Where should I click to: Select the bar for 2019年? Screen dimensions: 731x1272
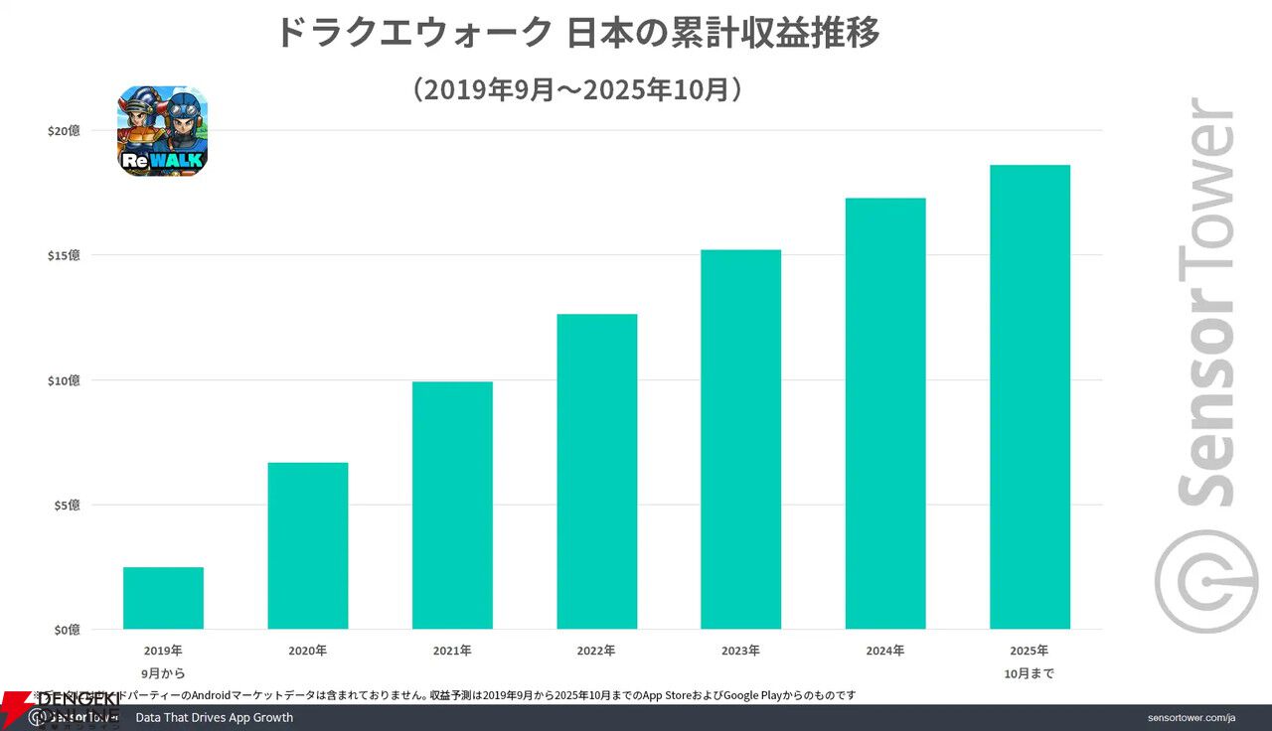pyautogui.click(x=163, y=598)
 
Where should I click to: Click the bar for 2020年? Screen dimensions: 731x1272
pyautogui.click(x=308, y=545)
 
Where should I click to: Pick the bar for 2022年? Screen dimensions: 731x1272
pyautogui.click(x=596, y=471)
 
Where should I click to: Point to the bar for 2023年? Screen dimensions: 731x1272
pyautogui.click(x=740, y=439)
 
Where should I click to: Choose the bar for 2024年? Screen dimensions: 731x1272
pyautogui.click(x=884, y=413)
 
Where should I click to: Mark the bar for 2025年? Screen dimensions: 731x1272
pyautogui.click(x=1030, y=396)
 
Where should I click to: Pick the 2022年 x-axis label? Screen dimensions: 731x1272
pyautogui.click(x=596, y=652)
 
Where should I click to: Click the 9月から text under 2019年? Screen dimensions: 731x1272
pyautogui.click(x=163, y=673)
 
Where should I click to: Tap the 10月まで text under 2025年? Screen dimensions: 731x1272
pyautogui.click(x=1030, y=673)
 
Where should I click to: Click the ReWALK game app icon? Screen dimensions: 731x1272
pyautogui.click(x=163, y=131)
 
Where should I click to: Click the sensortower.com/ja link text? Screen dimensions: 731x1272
pyautogui.click(x=1191, y=718)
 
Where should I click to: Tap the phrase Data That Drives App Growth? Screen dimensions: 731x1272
pyautogui.click(x=215, y=718)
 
